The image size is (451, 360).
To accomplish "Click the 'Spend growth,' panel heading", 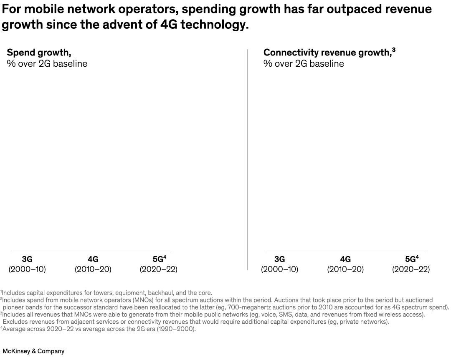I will pos(39,53).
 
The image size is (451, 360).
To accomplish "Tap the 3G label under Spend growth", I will pos(27,259).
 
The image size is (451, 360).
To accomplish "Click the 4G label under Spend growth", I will pos(93,259).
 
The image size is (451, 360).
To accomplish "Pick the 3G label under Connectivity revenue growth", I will pos(279,259).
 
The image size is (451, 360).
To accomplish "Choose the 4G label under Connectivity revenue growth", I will pos(345,259).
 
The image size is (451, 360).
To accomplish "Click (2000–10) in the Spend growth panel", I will pos(27,269).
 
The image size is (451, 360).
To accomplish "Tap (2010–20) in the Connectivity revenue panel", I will pos(345,269).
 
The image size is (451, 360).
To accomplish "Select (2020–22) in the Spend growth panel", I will pos(158,269).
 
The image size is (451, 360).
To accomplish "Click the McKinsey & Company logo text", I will pos(33,351).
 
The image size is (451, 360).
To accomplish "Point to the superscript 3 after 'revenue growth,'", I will pos(393,50).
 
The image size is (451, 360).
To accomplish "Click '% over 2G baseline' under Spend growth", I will pos(47,64).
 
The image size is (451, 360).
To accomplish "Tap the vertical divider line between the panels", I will pos(247,159).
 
